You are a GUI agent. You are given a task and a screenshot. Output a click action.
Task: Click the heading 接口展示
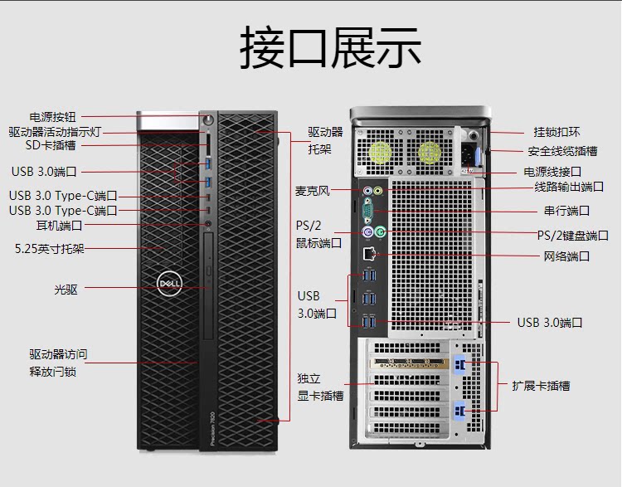(x=330, y=47)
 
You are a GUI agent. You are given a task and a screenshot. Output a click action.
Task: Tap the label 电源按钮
(x=52, y=118)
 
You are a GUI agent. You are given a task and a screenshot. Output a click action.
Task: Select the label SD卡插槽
(x=50, y=145)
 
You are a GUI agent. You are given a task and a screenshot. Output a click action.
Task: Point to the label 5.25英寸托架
(x=50, y=248)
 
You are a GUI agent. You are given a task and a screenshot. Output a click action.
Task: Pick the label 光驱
(x=66, y=289)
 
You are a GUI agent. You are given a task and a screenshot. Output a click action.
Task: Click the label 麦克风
(x=313, y=191)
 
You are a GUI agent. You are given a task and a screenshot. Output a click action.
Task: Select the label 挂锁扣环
(x=556, y=132)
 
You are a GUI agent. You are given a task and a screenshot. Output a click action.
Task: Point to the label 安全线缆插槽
(x=562, y=151)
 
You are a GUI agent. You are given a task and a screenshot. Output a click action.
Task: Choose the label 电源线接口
(x=552, y=172)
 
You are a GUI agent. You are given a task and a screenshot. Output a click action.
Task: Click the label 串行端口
(x=566, y=211)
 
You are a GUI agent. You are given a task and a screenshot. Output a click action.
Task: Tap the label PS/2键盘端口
(x=573, y=235)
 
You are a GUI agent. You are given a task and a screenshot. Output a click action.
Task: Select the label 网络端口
(x=566, y=256)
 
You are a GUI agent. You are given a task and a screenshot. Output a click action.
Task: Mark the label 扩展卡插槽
(x=541, y=386)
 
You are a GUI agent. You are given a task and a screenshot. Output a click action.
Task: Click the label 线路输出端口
(x=569, y=187)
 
